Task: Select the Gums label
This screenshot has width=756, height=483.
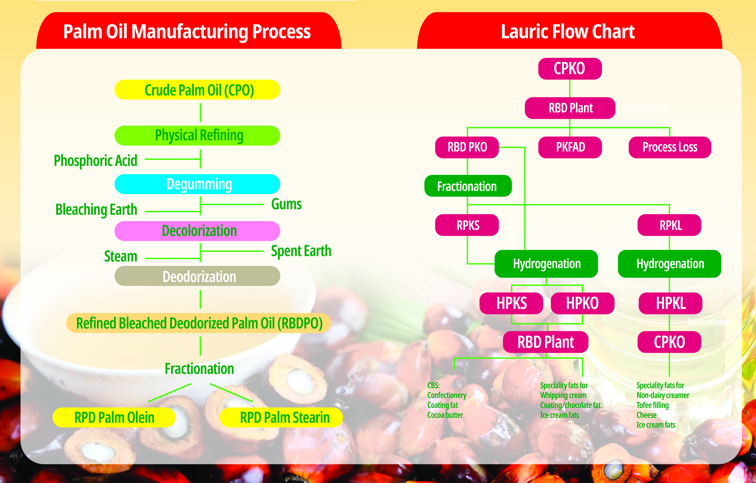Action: click(286, 204)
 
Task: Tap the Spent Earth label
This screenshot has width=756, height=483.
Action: click(301, 251)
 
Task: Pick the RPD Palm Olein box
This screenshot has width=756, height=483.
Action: click(114, 417)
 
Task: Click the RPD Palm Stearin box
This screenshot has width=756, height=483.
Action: click(281, 417)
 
